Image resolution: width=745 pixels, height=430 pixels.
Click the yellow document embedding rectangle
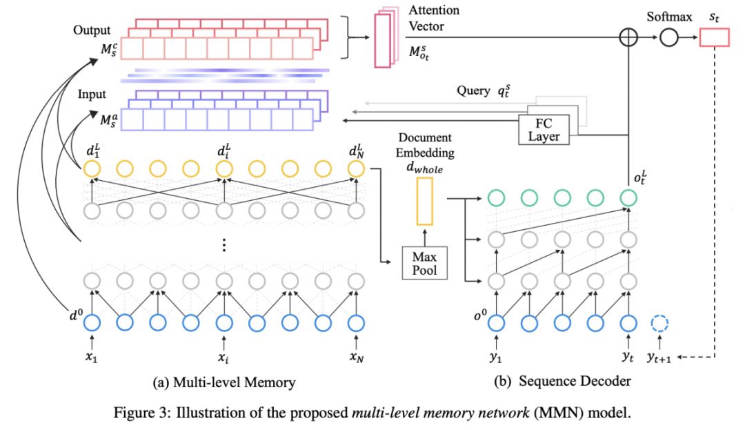point(424,201)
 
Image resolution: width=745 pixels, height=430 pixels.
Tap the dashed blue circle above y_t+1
point(660,322)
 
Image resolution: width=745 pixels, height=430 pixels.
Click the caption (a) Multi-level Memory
point(219,380)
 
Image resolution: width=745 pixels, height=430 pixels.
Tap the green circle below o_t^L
point(627,198)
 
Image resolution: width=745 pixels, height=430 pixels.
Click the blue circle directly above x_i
point(223,322)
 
